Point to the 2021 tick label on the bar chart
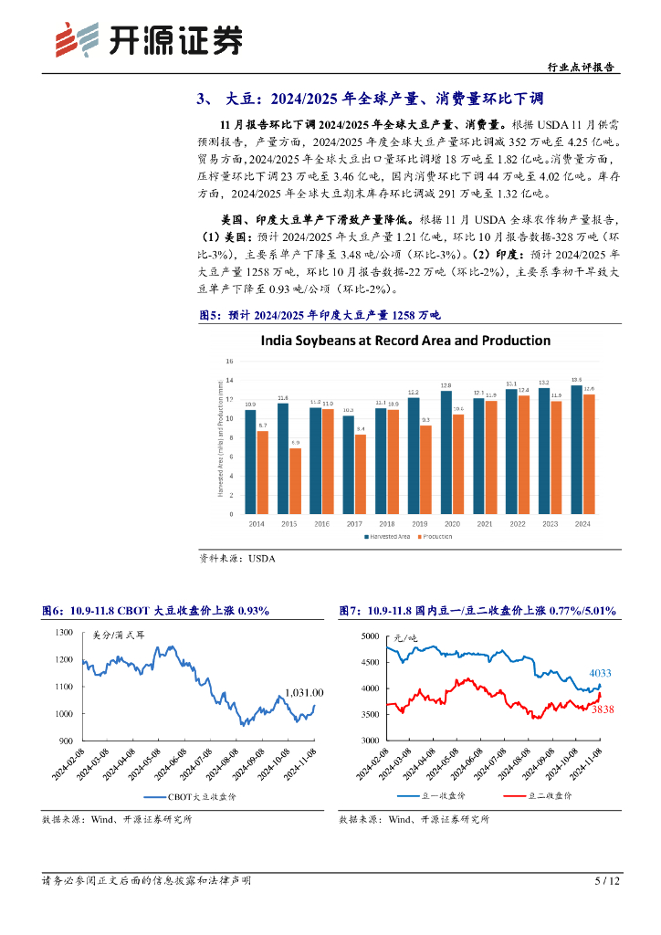484,524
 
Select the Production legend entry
435,537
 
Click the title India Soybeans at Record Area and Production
405,341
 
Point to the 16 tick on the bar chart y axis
229,362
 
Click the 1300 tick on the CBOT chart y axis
63,632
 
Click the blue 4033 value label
599,673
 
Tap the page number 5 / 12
607,881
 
